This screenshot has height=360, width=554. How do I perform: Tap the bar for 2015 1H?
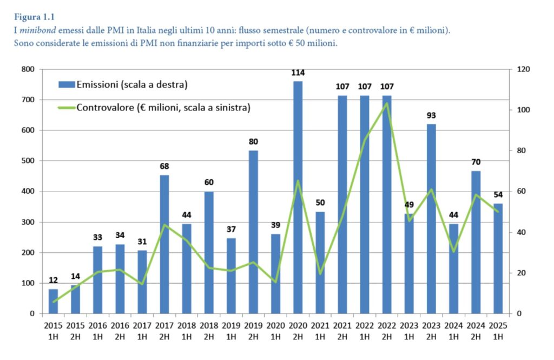(x=53, y=301)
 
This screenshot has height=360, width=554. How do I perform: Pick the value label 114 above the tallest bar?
(x=298, y=73)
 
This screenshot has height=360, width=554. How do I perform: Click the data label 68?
(x=164, y=166)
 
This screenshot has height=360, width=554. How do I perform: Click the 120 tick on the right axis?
(x=524, y=69)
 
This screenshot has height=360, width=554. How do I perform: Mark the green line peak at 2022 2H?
(x=387, y=103)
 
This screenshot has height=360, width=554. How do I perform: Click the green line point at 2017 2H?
(x=164, y=225)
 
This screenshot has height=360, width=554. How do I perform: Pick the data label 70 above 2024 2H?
(x=476, y=162)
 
